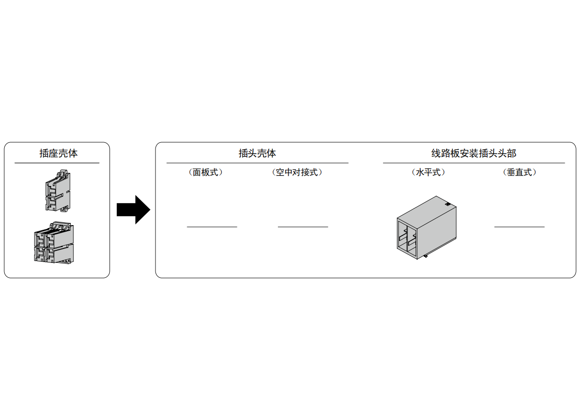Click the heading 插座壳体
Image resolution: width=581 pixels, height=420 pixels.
click(x=58, y=153)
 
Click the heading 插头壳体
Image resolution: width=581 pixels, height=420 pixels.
click(x=257, y=153)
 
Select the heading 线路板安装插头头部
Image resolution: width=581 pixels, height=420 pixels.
click(x=473, y=153)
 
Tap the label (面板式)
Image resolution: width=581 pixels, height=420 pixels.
click(x=205, y=172)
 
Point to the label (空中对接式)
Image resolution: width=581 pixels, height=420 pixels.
click(x=297, y=172)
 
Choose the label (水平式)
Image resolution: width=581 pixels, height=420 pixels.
click(x=428, y=172)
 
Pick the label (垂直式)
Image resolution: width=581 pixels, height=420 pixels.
click(x=519, y=172)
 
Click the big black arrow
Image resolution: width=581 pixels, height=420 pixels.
click(x=133, y=210)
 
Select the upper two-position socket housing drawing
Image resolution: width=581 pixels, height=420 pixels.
click(x=58, y=191)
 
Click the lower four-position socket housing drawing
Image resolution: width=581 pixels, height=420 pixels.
click(x=54, y=243)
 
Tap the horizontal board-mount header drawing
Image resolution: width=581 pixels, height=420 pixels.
click(x=426, y=227)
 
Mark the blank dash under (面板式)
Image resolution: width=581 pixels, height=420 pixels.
click(x=212, y=227)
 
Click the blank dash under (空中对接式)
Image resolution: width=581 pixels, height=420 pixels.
click(x=303, y=227)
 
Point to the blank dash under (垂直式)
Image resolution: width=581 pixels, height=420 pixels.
click(x=519, y=227)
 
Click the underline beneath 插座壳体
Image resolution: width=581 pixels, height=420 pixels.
click(x=57, y=163)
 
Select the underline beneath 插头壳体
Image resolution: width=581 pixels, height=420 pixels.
click(x=257, y=163)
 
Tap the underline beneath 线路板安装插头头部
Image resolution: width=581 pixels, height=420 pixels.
click(x=474, y=163)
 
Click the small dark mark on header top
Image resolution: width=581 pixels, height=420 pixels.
click(x=447, y=204)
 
